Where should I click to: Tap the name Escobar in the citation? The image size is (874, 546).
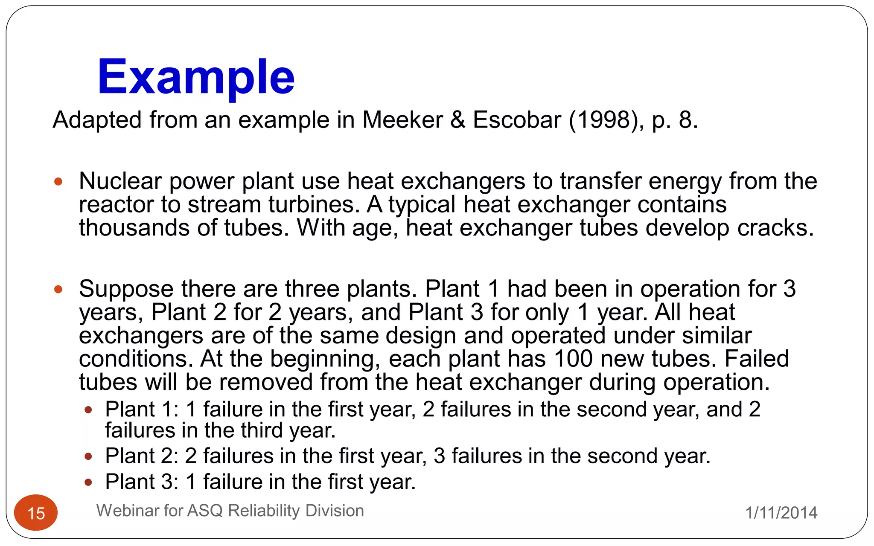(517, 120)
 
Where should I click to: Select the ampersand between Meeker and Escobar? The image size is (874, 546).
(457, 120)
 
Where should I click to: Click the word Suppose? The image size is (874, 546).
(126, 289)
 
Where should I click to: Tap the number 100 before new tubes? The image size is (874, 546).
(573, 359)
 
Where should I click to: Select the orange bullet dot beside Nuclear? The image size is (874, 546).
(58, 182)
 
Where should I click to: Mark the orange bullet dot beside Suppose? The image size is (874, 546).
(58, 290)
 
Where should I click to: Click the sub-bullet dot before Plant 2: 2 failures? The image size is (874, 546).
(88, 457)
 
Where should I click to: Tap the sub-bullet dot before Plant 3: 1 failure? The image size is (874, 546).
(88, 483)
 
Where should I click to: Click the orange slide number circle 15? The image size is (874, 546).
(36, 513)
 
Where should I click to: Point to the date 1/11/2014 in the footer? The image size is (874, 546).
(781, 513)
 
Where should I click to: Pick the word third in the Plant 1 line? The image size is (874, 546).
(263, 430)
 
